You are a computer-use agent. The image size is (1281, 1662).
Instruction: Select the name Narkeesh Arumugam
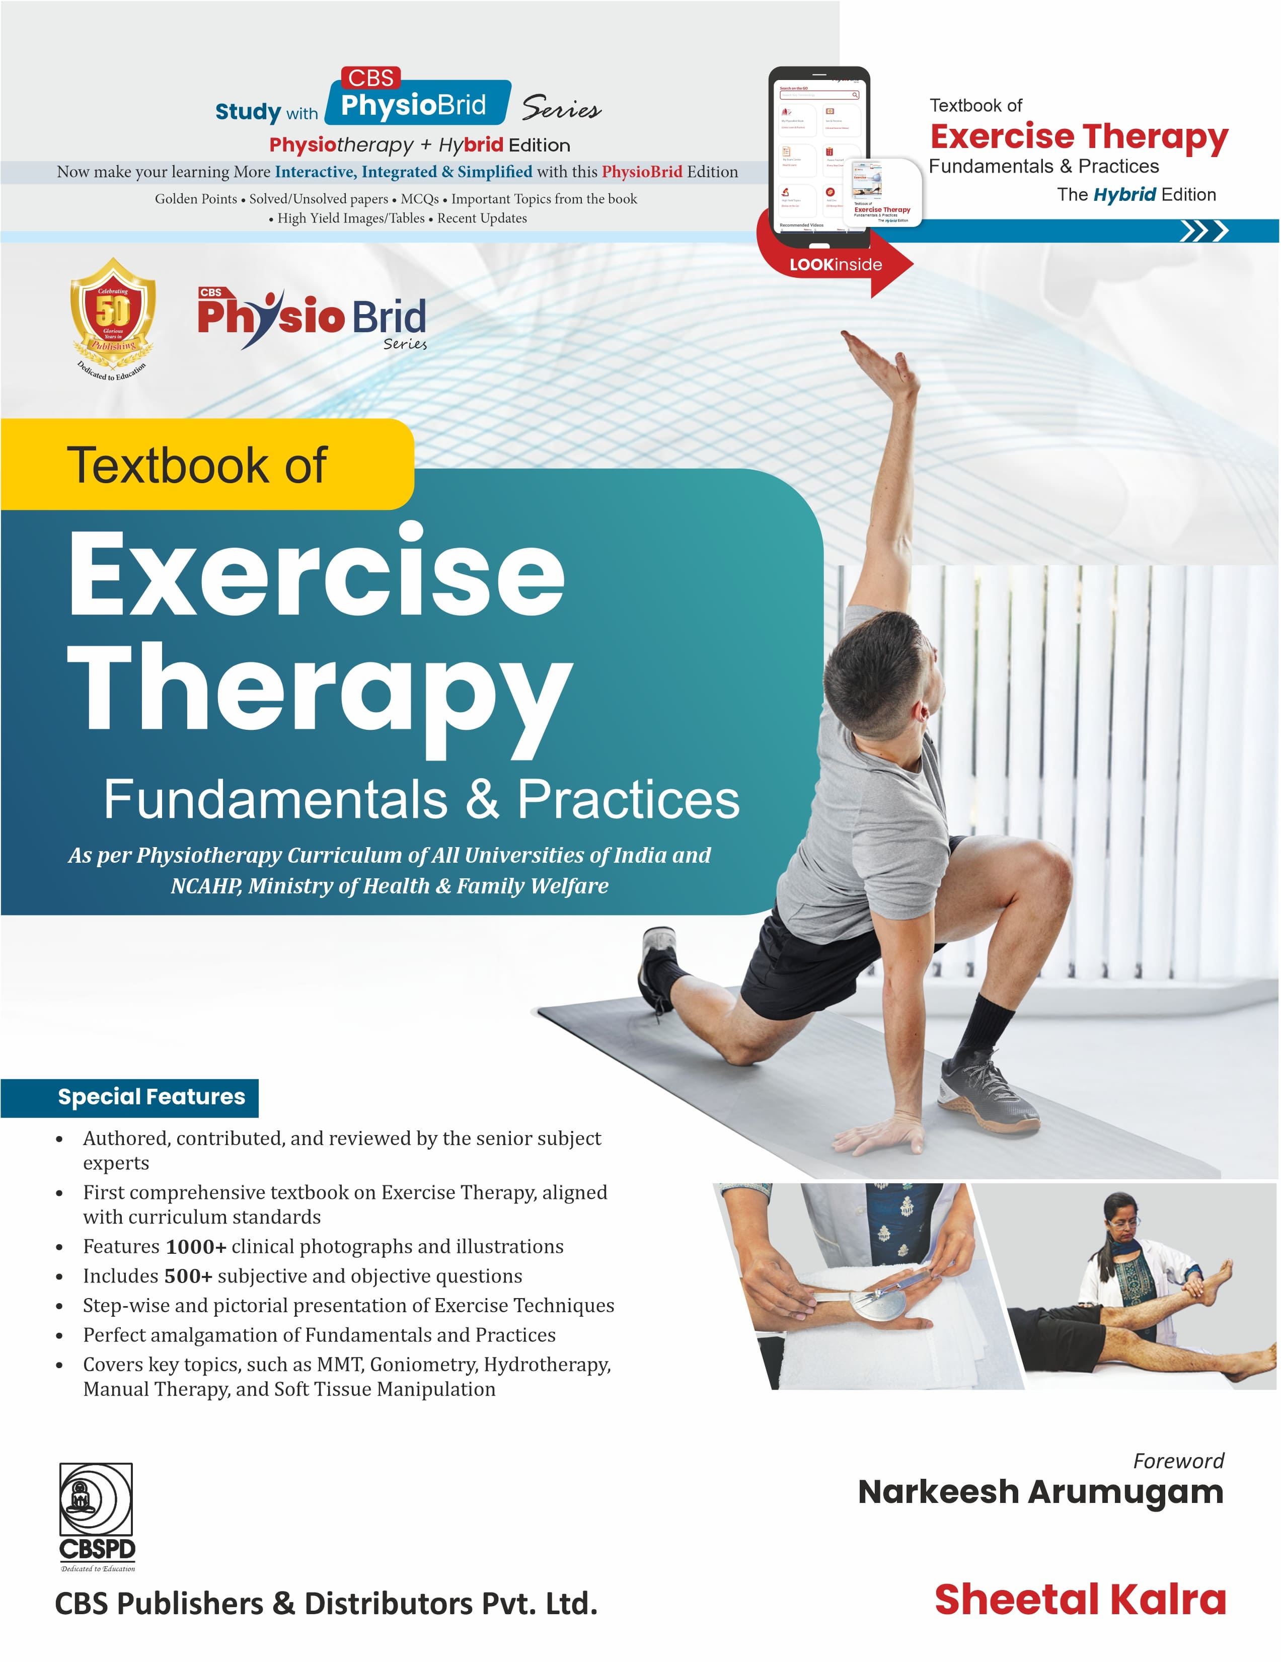point(1040,1492)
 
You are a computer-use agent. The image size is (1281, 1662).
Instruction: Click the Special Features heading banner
point(152,1097)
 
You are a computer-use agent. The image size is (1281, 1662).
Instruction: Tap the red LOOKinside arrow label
point(836,265)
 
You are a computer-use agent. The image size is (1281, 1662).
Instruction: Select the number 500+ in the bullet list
point(186,1276)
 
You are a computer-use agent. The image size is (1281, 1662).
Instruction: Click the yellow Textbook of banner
point(198,465)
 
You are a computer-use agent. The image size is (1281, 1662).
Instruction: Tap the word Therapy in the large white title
point(320,689)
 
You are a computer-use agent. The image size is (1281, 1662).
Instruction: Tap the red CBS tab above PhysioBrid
point(370,78)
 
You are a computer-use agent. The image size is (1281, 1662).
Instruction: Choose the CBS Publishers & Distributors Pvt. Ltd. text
point(326,1604)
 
